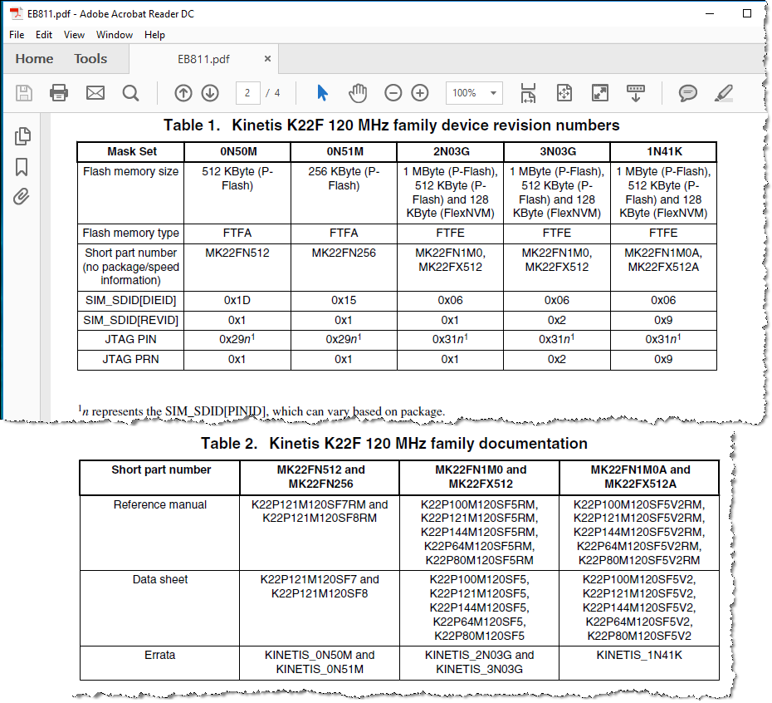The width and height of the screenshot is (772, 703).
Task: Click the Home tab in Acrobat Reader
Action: click(x=34, y=59)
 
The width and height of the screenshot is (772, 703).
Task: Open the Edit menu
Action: click(x=44, y=35)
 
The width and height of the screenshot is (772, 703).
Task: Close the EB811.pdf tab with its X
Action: click(x=267, y=59)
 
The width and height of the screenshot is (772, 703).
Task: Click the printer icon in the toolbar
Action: click(x=59, y=93)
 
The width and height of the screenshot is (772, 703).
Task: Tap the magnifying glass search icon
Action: click(x=130, y=93)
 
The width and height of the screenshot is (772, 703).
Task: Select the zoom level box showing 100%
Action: click(x=474, y=93)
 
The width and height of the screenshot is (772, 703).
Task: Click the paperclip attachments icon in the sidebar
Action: click(x=22, y=197)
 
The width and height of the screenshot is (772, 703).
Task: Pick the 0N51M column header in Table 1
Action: click(x=344, y=152)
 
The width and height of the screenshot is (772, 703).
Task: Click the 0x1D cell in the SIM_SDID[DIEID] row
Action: click(x=237, y=300)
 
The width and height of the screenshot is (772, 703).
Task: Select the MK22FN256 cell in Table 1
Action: click(x=344, y=253)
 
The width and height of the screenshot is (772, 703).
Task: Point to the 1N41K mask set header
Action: click(x=663, y=152)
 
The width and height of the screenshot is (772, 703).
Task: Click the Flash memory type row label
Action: click(x=130, y=234)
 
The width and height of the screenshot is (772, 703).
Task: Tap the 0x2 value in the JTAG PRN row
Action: click(x=556, y=360)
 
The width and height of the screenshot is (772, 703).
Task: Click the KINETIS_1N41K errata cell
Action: click(x=638, y=655)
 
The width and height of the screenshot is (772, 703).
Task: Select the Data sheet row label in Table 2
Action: click(x=160, y=579)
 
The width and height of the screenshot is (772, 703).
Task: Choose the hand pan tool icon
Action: click(x=358, y=93)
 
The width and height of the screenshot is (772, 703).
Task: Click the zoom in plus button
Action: click(x=420, y=93)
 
